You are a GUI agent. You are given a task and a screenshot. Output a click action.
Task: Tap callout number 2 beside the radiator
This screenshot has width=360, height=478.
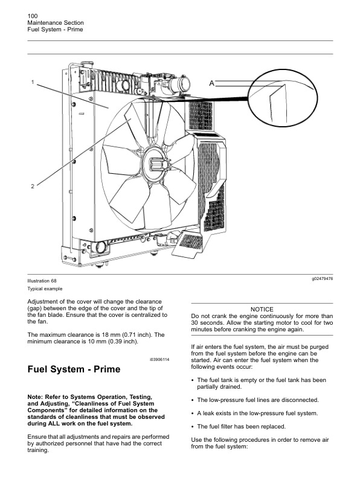(x=33, y=186)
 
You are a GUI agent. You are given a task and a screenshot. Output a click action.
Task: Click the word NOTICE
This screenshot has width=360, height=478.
(x=262, y=309)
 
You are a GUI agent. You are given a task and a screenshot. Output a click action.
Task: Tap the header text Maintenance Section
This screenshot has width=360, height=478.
(x=51, y=22)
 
